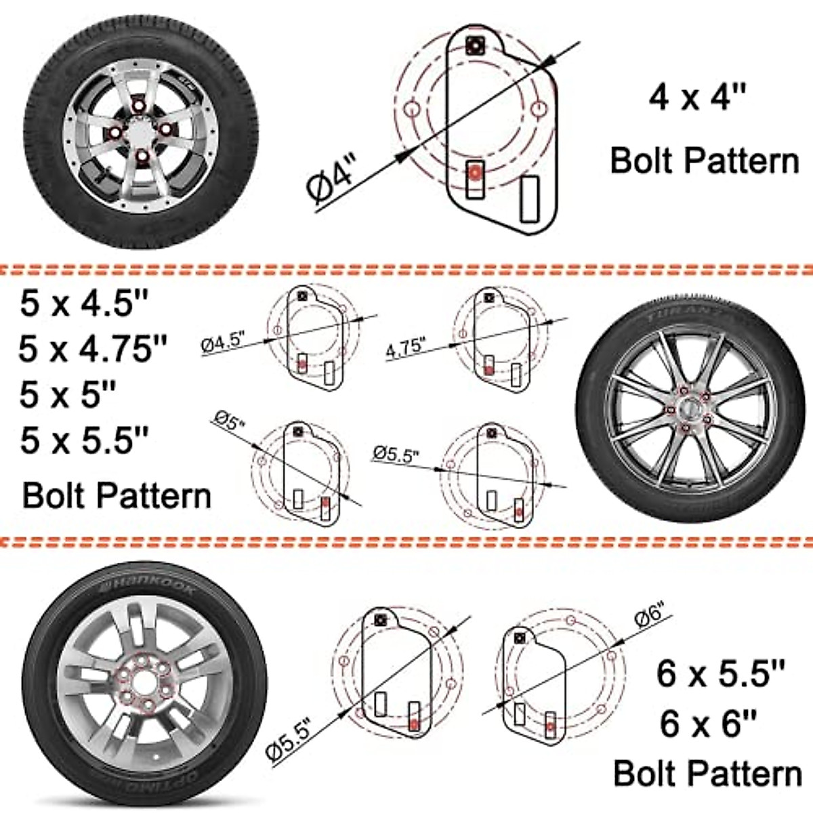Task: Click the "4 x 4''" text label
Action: pos(698,97)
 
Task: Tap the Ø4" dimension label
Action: pos(332,178)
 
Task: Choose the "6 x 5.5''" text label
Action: pos(720,673)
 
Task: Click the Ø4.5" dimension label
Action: pos(223,342)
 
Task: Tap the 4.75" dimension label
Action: pos(404,348)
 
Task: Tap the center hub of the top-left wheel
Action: pos(140,132)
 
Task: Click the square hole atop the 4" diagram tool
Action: pos(475,45)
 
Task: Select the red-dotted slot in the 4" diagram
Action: pos(475,180)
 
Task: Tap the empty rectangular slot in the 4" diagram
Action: pos(529,199)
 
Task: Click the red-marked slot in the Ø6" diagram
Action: pos(549,725)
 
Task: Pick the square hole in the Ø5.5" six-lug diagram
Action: pos(381,620)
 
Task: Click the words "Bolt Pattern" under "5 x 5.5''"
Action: pos(117,496)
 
